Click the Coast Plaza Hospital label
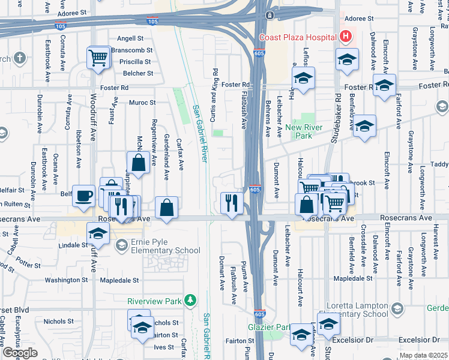(x=297, y=37)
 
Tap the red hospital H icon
(x=345, y=37)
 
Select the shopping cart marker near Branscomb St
(x=98, y=58)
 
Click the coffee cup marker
(x=84, y=195)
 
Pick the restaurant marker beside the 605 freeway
(x=231, y=202)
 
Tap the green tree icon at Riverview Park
(x=190, y=300)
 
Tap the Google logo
(x=20, y=353)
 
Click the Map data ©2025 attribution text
(x=424, y=356)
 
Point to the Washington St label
(x=67, y=280)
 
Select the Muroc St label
(x=142, y=103)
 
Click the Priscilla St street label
(x=135, y=62)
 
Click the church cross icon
(x=20, y=59)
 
